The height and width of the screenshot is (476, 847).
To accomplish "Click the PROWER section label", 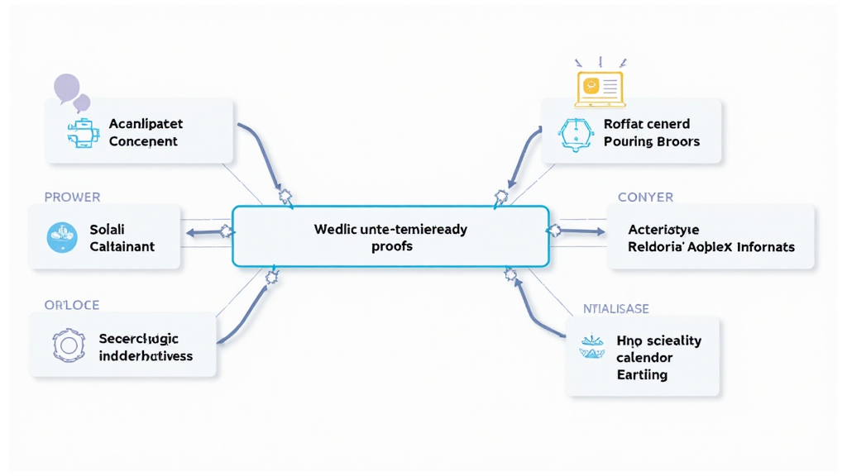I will pos(72,198).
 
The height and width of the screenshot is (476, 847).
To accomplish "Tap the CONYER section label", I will pos(645,198).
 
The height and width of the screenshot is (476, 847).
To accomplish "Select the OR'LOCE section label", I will pos(71,305).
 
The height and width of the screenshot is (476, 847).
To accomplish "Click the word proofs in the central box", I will pos(392,246).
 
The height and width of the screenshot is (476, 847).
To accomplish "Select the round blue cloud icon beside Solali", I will pos(62,237).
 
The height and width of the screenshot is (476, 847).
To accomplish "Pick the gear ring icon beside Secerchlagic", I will pos(68,345).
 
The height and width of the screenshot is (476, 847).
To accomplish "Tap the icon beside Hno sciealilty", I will pos(592,347).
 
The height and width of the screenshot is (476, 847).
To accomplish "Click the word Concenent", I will pos(143,141).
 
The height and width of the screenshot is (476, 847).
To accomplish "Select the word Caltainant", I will pos(122,246).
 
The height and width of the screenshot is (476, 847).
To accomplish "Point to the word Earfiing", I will pos(642,375).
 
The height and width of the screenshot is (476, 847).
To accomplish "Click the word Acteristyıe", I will pos(663,230).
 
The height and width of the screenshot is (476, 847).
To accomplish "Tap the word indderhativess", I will pos(146,356).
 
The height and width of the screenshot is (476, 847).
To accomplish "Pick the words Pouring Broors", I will pos(652,141).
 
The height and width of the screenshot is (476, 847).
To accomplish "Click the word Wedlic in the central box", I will pos(333,230).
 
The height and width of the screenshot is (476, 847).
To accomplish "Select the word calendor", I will pos(644,358).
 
